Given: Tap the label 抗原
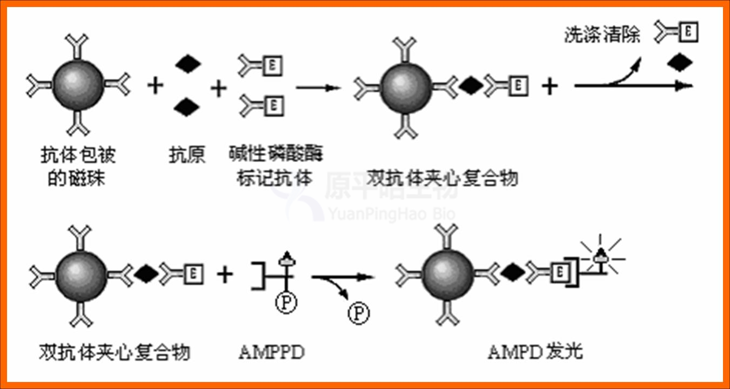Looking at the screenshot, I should tap(187, 156).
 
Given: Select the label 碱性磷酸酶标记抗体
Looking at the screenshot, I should tap(276, 166).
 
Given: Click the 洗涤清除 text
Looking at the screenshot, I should tap(602, 35).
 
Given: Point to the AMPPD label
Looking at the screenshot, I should tap(271, 353).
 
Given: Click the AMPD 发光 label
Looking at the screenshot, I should tap(535, 353).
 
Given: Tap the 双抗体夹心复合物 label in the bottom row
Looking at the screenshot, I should tap(115, 353).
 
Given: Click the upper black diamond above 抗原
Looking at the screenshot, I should tap(187, 64).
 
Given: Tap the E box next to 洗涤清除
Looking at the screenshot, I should tap(688, 32).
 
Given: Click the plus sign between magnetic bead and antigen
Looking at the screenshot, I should tap(156, 85).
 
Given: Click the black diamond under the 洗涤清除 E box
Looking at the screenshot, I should tap(680, 63).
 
